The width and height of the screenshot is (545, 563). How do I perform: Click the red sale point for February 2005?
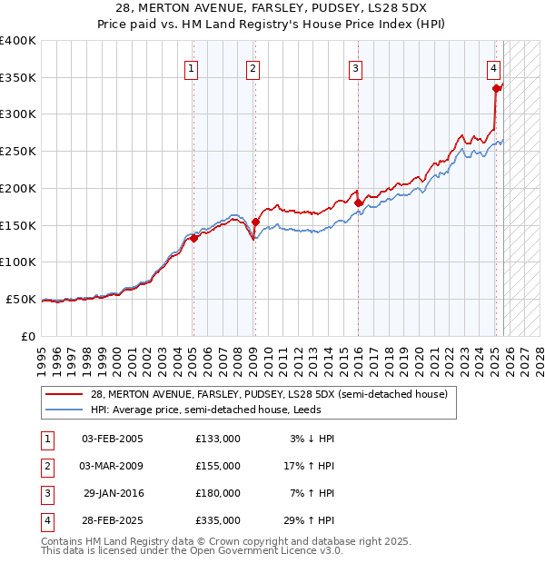coord(193,238)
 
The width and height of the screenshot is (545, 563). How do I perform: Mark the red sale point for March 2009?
coord(255,222)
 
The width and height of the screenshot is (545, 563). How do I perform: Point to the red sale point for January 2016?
coord(358,202)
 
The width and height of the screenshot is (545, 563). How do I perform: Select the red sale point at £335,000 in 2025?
coord(496,88)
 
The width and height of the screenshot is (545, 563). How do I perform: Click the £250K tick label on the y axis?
coord(18,151)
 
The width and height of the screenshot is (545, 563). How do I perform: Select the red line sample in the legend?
coord(64,395)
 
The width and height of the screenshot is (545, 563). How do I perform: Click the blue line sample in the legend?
coord(64,410)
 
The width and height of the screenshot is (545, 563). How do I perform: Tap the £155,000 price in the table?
coord(217,466)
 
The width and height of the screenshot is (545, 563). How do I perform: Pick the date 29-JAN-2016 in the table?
coord(113,493)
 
